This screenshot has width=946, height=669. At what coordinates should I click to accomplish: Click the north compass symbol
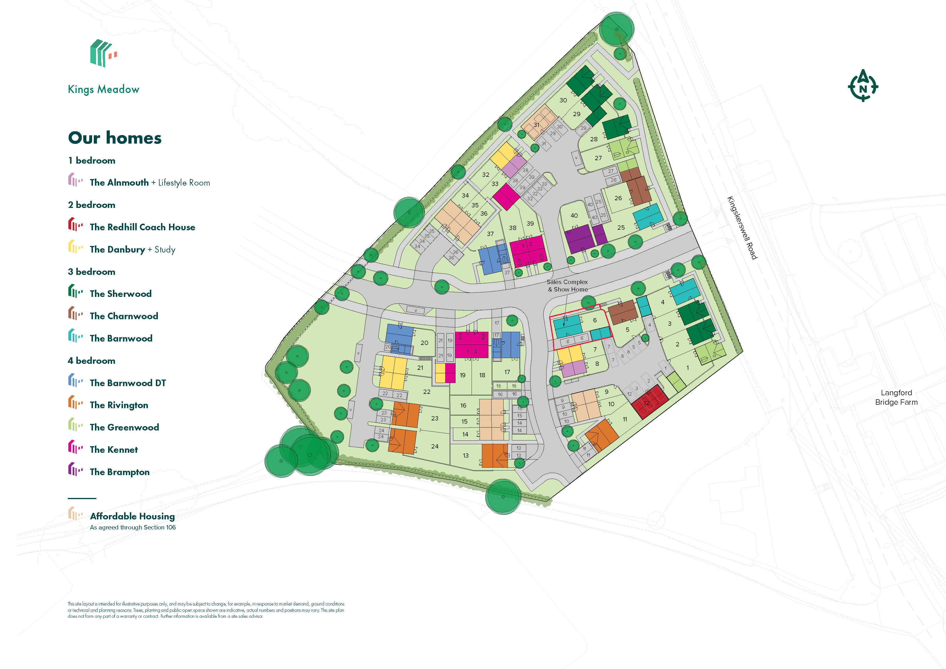(x=863, y=86)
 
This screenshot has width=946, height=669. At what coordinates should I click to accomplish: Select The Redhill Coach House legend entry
(x=142, y=227)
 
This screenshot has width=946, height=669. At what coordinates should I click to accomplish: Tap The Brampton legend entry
(x=120, y=472)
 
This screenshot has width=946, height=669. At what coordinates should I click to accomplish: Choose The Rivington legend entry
(x=119, y=405)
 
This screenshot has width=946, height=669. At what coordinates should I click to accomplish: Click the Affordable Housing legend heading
(x=132, y=516)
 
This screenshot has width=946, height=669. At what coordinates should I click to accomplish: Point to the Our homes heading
(x=115, y=138)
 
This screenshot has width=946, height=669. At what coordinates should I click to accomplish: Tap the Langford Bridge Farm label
(x=896, y=397)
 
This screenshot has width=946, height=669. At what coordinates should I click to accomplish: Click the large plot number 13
(x=466, y=455)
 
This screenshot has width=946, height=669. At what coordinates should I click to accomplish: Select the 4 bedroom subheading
(x=92, y=361)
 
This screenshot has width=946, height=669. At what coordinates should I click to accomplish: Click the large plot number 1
(x=687, y=368)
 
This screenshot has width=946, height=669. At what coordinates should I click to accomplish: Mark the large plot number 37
(x=490, y=234)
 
